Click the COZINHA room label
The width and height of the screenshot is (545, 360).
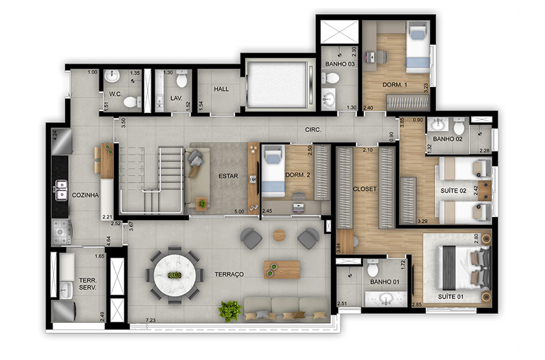pos(85,195)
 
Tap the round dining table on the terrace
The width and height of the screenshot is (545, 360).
pos(175,276)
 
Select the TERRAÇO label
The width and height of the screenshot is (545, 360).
pos(229,274)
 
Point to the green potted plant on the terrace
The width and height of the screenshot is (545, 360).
pos(230,310)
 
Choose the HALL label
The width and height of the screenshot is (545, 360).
pos(221,89)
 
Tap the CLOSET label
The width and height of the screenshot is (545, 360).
pos(365,189)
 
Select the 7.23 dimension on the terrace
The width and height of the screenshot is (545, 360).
pos(150,320)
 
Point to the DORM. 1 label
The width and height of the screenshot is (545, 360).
pos(395,84)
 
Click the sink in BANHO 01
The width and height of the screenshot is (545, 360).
pos(386,298)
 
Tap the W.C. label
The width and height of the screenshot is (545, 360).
pos(115,94)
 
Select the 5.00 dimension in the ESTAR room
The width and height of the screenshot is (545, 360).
pos(239,211)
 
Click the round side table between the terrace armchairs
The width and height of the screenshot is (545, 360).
pos(279,235)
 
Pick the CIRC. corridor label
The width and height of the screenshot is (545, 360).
pos(313,130)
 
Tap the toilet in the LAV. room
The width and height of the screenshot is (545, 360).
pos(182,79)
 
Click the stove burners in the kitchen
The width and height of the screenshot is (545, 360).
pos(61,231)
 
